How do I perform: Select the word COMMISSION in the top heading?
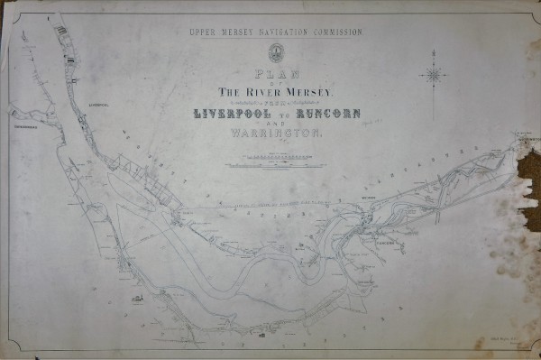(x=336, y=32)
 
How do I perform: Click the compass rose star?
(x=435, y=76)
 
